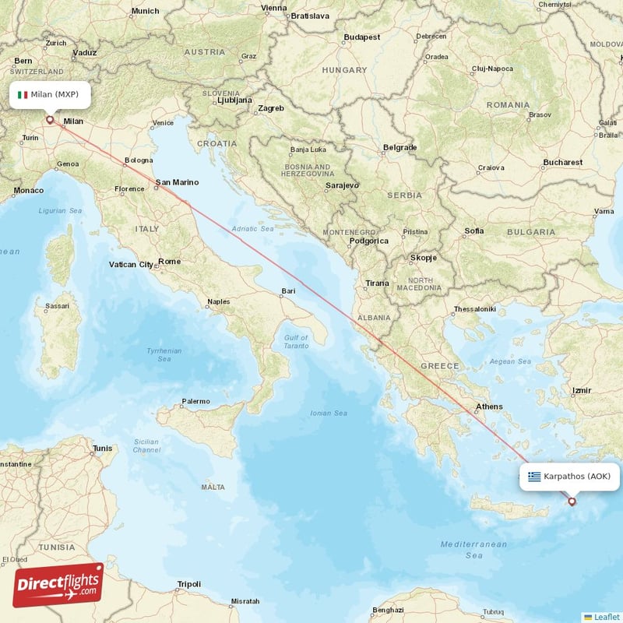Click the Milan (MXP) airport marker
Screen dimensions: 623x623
(51, 120)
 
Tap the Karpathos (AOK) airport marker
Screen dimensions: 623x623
(572, 502)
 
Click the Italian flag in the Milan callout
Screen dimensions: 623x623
(23, 95)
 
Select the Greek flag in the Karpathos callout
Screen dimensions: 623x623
(534, 477)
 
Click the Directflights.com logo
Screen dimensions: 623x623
(58, 585)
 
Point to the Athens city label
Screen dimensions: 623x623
(489, 407)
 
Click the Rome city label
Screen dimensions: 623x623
(169, 262)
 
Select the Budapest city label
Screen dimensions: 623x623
(361, 37)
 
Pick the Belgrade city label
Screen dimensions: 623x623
(399, 147)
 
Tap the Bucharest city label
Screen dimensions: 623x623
(562, 162)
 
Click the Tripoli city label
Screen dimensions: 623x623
(188, 583)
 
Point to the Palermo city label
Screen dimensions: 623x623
(195, 401)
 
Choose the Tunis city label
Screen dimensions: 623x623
(102, 448)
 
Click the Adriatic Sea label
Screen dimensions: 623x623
(252, 229)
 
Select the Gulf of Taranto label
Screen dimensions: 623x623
(296, 341)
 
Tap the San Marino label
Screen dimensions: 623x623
(177, 183)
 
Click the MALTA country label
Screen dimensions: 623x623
(213, 487)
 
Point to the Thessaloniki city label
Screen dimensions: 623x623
(474, 309)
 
